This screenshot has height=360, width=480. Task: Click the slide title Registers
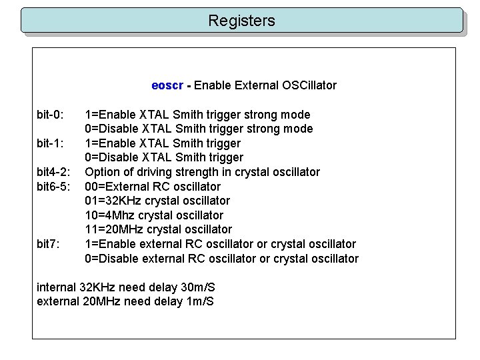241,21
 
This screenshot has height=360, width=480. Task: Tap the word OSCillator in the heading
308,85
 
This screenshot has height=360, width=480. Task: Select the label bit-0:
51,115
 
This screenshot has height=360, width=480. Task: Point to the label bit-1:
51,143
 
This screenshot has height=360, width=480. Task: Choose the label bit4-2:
54,172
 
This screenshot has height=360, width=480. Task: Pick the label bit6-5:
54,187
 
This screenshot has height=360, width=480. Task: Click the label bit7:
48,244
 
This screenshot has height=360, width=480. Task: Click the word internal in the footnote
56,287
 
